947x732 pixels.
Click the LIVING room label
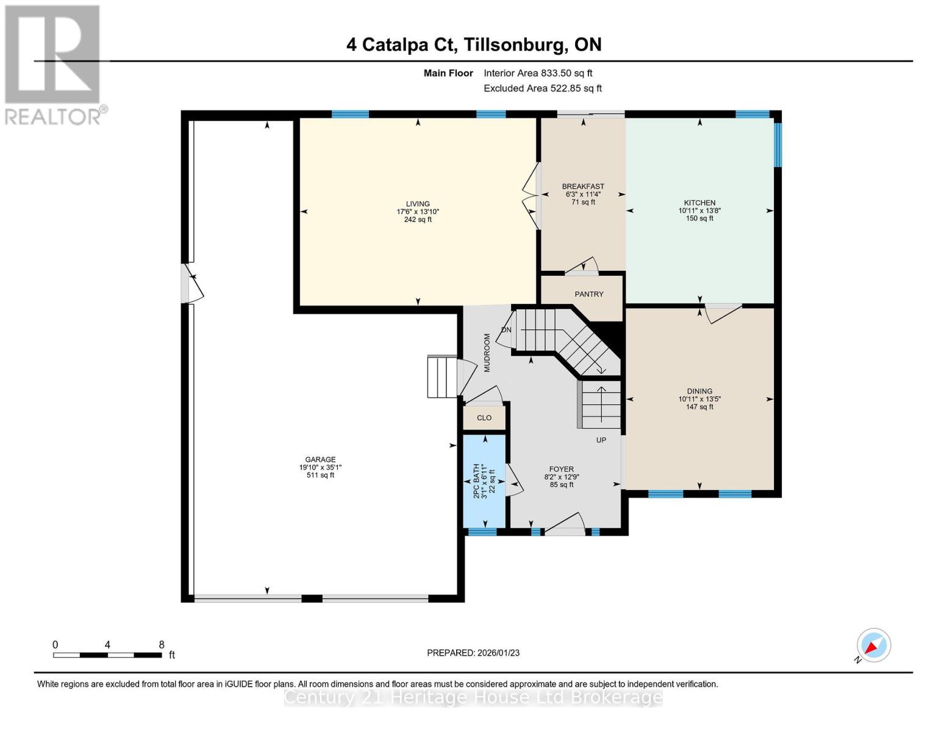point(418,204)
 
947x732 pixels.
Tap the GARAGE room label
point(320,459)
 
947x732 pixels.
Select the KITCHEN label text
point(699,203)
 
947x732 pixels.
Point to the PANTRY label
point(588,294)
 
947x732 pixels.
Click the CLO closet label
point(484,418)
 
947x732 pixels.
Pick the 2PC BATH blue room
point(484,481)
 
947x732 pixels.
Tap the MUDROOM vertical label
point(487,353)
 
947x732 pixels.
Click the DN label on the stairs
point(506,330)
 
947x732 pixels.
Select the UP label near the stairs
point(601,440)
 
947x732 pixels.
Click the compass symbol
point(873,645)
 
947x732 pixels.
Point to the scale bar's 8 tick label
point(161,644)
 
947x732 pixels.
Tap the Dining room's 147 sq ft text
point(699,407)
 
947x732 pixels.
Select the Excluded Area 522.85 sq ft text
point(542,88)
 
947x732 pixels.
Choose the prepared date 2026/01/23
point(498,653)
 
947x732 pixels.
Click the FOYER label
point(561,469)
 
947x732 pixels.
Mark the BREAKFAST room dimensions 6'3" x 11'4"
point(583,195)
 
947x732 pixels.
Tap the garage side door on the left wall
point(191,284)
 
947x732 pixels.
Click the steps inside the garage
point(441,376)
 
